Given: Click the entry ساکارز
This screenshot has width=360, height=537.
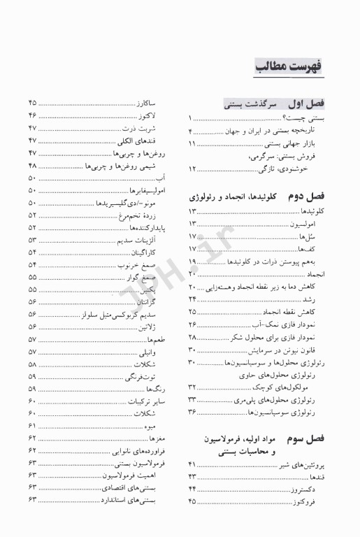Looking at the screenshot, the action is (x=147, y=103).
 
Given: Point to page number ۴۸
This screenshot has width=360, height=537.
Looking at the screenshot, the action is (x=33, y=165).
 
